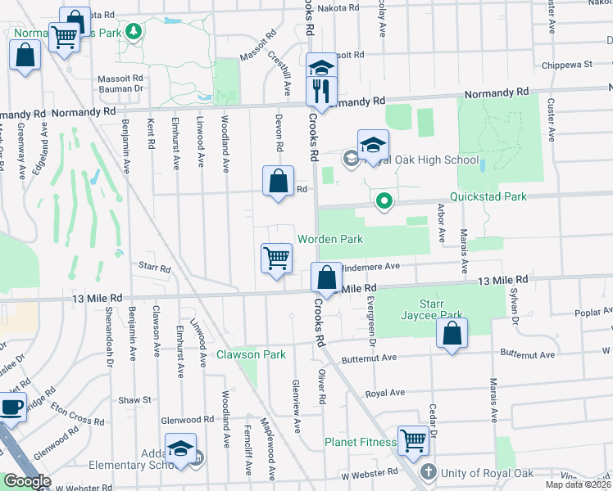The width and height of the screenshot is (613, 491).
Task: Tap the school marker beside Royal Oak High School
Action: point(373,146)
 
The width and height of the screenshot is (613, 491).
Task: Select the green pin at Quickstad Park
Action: point(383,199)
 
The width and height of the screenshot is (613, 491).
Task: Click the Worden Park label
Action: point(329,238)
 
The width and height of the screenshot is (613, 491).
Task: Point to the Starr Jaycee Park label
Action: point(431,309)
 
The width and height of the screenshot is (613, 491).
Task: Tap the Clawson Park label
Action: point(251,354)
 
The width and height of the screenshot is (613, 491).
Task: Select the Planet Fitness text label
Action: point(360,442)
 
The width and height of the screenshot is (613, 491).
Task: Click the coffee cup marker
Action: point(11,407)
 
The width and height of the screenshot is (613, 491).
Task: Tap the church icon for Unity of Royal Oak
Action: point(428,472)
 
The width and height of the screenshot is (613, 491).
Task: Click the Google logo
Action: point(27,481)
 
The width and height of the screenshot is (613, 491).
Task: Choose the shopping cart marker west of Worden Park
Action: point(277,258)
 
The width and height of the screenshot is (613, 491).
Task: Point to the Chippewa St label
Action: point(565,64)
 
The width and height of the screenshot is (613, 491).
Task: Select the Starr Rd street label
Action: point(154,268)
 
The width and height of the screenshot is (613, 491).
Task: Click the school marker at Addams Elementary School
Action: point(180,448)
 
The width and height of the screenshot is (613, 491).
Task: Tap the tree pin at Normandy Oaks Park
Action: point(132,32)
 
